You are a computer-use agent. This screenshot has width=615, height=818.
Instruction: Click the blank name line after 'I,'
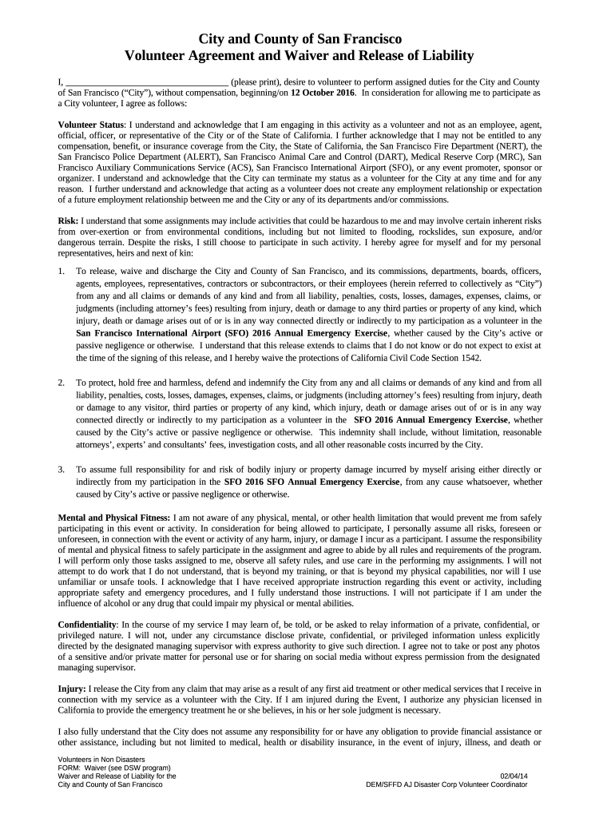(147, 82)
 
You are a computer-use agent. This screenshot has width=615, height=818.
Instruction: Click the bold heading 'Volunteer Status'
(91, 125)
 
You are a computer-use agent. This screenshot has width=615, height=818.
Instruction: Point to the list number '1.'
(62, 272)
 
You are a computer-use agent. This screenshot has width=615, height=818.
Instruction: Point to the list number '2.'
(62, 383)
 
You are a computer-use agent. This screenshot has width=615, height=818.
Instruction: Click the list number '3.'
(62, 470)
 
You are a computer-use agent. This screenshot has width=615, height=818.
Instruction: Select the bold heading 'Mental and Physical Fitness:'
(114, 518)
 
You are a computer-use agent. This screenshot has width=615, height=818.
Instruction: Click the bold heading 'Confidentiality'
(88, 623)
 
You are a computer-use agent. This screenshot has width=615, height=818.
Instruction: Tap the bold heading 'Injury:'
(73, 688)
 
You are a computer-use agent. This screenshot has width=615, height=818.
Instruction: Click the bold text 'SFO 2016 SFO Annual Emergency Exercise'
(311, 482)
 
